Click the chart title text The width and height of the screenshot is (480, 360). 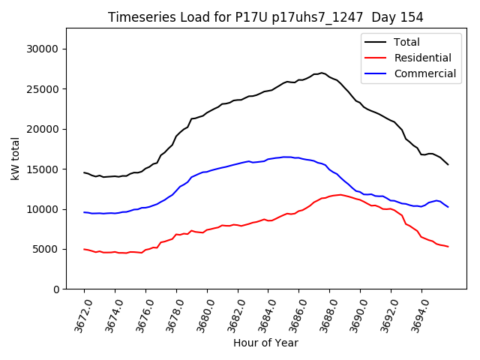pos(265,17)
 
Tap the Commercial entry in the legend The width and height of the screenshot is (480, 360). pos(424,73)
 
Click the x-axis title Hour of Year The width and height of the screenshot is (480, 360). pos(265,343)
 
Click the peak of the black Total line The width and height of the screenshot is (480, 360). pos(322,73)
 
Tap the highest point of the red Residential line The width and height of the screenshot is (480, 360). pos(340,195)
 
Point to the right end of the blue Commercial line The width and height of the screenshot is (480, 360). pos(448,207)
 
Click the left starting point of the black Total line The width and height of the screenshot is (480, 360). pos(84,172)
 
